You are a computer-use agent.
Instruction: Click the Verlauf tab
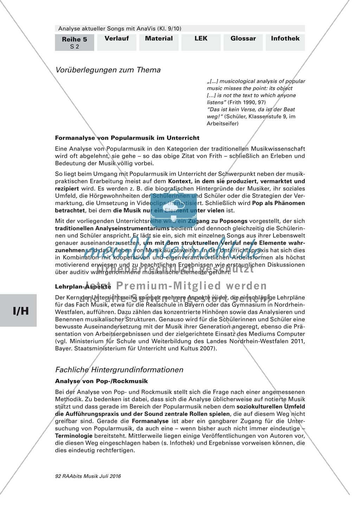pyautogui.click(x=117, y=39)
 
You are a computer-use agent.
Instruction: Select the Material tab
pyautogui.click(x=159, y=39)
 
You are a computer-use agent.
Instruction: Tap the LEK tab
pyautogui.click(x=201, y=39)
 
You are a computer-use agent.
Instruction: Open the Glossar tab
pyautogui.click(x=243, y=39)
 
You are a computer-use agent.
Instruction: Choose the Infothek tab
pyautogui.click(x=285, y=39)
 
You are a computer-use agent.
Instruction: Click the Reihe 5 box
pyautogui.click(x=74, y=42)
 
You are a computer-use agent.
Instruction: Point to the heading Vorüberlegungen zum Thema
pyautogui.click(x=108, y=70)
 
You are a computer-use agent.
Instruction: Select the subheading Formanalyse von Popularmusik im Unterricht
pyautogui.click(x=127, y=138)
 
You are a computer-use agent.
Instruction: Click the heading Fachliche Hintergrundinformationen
pyautogui.click(x=119, y=370)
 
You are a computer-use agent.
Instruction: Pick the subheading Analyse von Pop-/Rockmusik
pyautogui.click(x=102, y=381)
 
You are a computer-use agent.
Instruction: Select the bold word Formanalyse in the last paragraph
pyautogui.click(x=149, y=421)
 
